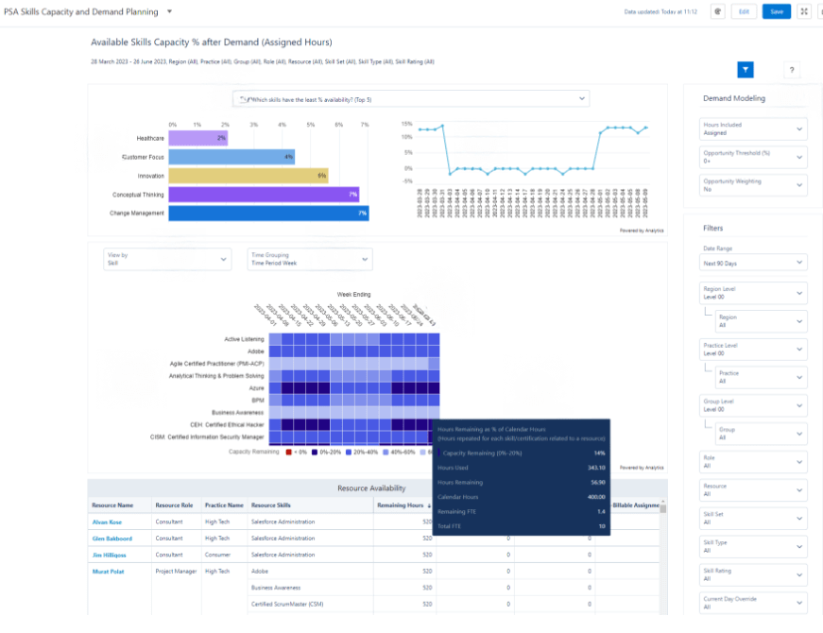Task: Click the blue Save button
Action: coord(777,11)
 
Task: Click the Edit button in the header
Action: coord(744,11)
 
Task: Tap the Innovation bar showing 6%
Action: coord(249,176)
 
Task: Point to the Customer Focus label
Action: coord(137,157)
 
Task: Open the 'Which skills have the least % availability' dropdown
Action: coord(410,99)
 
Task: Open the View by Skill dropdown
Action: coord(167,259)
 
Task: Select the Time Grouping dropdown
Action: coord(310,259)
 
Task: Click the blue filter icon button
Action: coord(746,69)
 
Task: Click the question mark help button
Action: coord(792,70)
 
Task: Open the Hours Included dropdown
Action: coord(753,128)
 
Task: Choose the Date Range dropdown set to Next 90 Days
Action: coord(753,264)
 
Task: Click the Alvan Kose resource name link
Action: coord(107,522)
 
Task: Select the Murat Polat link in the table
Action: coord(107,571)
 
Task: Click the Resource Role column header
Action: coord(174,505)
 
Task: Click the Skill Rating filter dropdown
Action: coord(753,575)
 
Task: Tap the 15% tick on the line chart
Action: coord(406,124)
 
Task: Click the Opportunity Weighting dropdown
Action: coord(753,185)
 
